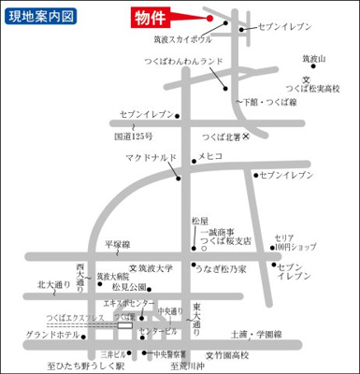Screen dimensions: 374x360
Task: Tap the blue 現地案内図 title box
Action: (x=42, y=17)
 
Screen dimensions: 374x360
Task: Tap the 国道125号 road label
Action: (x=133, y=137)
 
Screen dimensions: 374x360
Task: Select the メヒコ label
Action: (x=210, y=157)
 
